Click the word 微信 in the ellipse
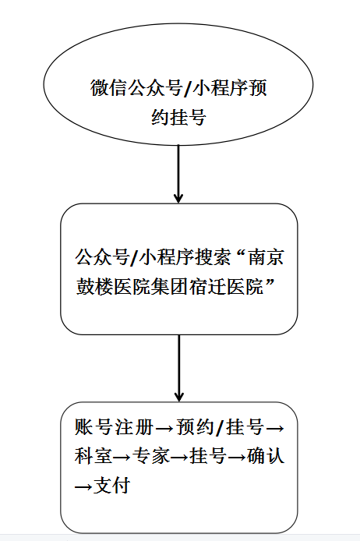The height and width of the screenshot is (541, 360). tap(108, 87)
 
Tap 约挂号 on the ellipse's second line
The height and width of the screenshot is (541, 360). tap(178, 117)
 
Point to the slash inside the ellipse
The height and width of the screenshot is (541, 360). tap(187, 88)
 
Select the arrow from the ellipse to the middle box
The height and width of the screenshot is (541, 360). tap(178, 173)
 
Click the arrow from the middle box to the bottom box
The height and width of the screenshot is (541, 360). tap(179, 368)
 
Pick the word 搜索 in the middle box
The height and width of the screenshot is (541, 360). tap(212, 257)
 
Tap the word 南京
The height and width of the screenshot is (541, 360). tap(266, 257)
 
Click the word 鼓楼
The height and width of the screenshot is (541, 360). tap(94, 286)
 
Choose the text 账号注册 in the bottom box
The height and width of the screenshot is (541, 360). tap(114, 426)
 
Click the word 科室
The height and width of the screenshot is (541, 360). tap(94, 456)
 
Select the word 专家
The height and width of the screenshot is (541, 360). tap(151, 456)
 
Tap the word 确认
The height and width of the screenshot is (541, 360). tap(266, 456)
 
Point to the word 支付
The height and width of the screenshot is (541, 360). tap(111, 485)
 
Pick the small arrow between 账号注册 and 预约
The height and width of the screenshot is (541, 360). tap(165, 428)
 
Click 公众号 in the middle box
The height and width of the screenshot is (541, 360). tap(102, 257)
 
